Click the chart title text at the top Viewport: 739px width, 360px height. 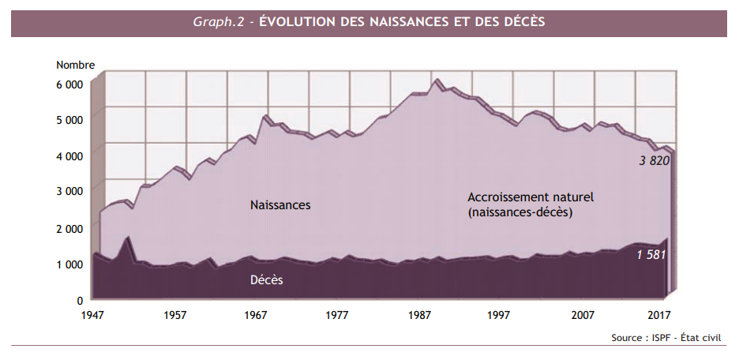(x=369, y=22)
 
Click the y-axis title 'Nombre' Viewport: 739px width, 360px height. (x=75, y=65)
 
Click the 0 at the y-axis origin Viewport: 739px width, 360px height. (x=80, y=300)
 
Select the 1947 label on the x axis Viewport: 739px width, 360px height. (x=94, y=315)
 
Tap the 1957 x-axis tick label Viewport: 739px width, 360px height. (x=175, y=315)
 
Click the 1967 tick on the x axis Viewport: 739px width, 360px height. (x=257, y=315)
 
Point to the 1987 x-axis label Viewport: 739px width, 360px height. (x=419, y=315)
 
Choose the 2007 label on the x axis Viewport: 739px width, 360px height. (x=583, y=315)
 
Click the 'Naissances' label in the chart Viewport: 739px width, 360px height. (x=280, y=205)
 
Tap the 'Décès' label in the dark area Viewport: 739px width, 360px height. (x=267, y=280)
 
